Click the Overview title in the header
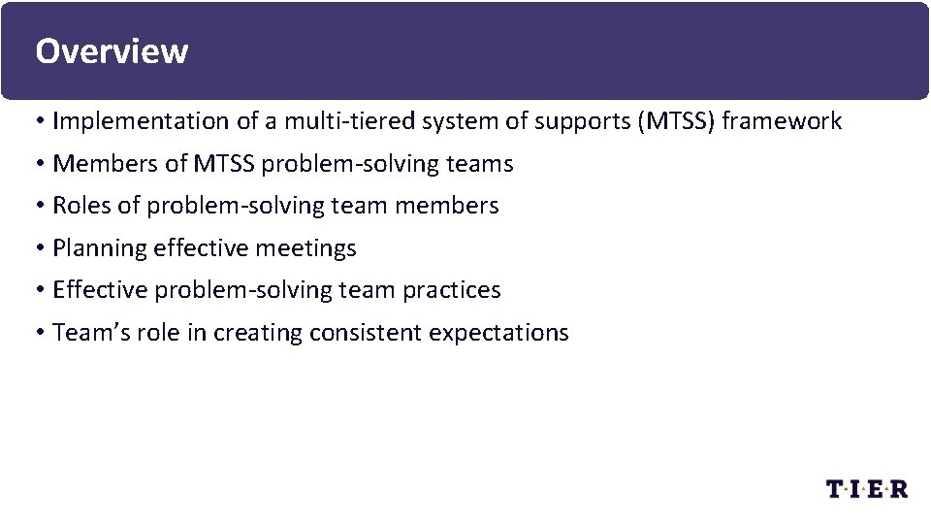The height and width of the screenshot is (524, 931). click(112, 50)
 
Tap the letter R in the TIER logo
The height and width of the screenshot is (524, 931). click(898, 489)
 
